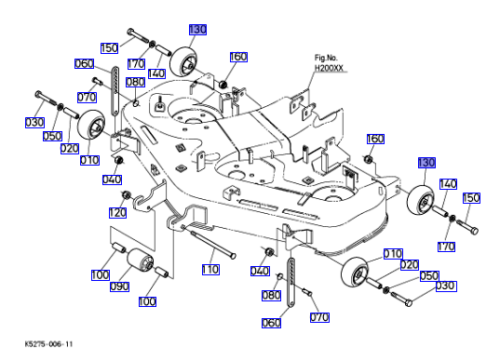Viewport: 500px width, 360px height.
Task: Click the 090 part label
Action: (x=119, y=287)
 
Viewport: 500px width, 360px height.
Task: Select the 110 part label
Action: (x=210, y=270)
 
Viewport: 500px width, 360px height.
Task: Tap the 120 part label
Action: (x=117, y=212)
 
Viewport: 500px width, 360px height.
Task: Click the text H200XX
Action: (x=329, y=68)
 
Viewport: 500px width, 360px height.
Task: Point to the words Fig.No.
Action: (x=326, y=58)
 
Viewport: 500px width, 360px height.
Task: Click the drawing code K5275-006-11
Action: (x=48, y=344)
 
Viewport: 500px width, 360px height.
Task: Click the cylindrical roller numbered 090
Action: (x=141, y=260)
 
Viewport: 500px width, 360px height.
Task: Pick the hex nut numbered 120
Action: (x=126, y=194)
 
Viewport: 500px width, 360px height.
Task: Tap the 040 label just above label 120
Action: (x=112, y=180)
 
